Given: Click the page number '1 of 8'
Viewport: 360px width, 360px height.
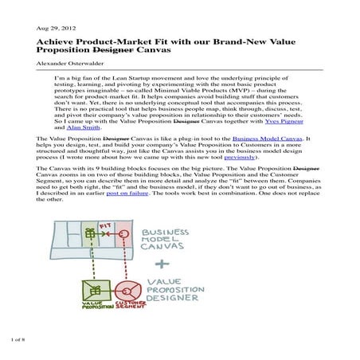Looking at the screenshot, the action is (18, 339).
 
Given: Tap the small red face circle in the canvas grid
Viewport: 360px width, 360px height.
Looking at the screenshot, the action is (124, 237).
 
